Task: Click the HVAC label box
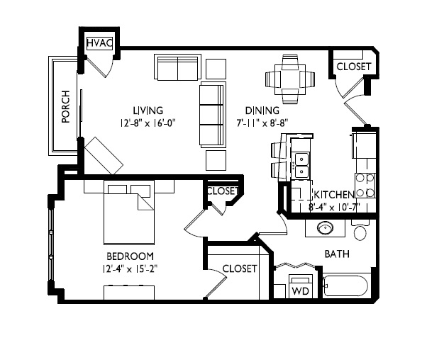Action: pyautogui.click(x=100, y=43)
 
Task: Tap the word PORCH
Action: pyautogui.click(x=65, y=107)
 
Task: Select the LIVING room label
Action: pyautogui.click(x=148, y=110)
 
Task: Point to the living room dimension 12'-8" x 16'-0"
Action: pyautogui.click(x=148, y=123)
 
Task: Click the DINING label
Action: pyautogui.click(x=262, y=110)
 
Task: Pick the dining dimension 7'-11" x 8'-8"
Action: pyautogui.click(x=262, y=123)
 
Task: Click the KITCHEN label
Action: pyautogui.click(x=334, y=195)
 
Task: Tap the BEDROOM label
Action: pyautogui.click(x=131, y=256)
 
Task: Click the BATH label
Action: pyautogui.click(x=337, y=254)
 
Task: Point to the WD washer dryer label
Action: pyautogui.click(x=301, y=291)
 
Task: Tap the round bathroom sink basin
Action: pyautogui.click(x=325, y=227)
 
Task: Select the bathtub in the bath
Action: pyautogui.click(x=347, y=285)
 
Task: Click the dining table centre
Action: pyautogui.click(x=290, y=79)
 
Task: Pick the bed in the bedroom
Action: pyautogui.click(x=129, y=213)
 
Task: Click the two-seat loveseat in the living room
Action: pyautogui.click(x=177, y=67)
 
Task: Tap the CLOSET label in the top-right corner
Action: pyautogui.click(x=354, y=67)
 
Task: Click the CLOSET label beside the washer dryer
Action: pyautogui.click(x=240, y=268)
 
